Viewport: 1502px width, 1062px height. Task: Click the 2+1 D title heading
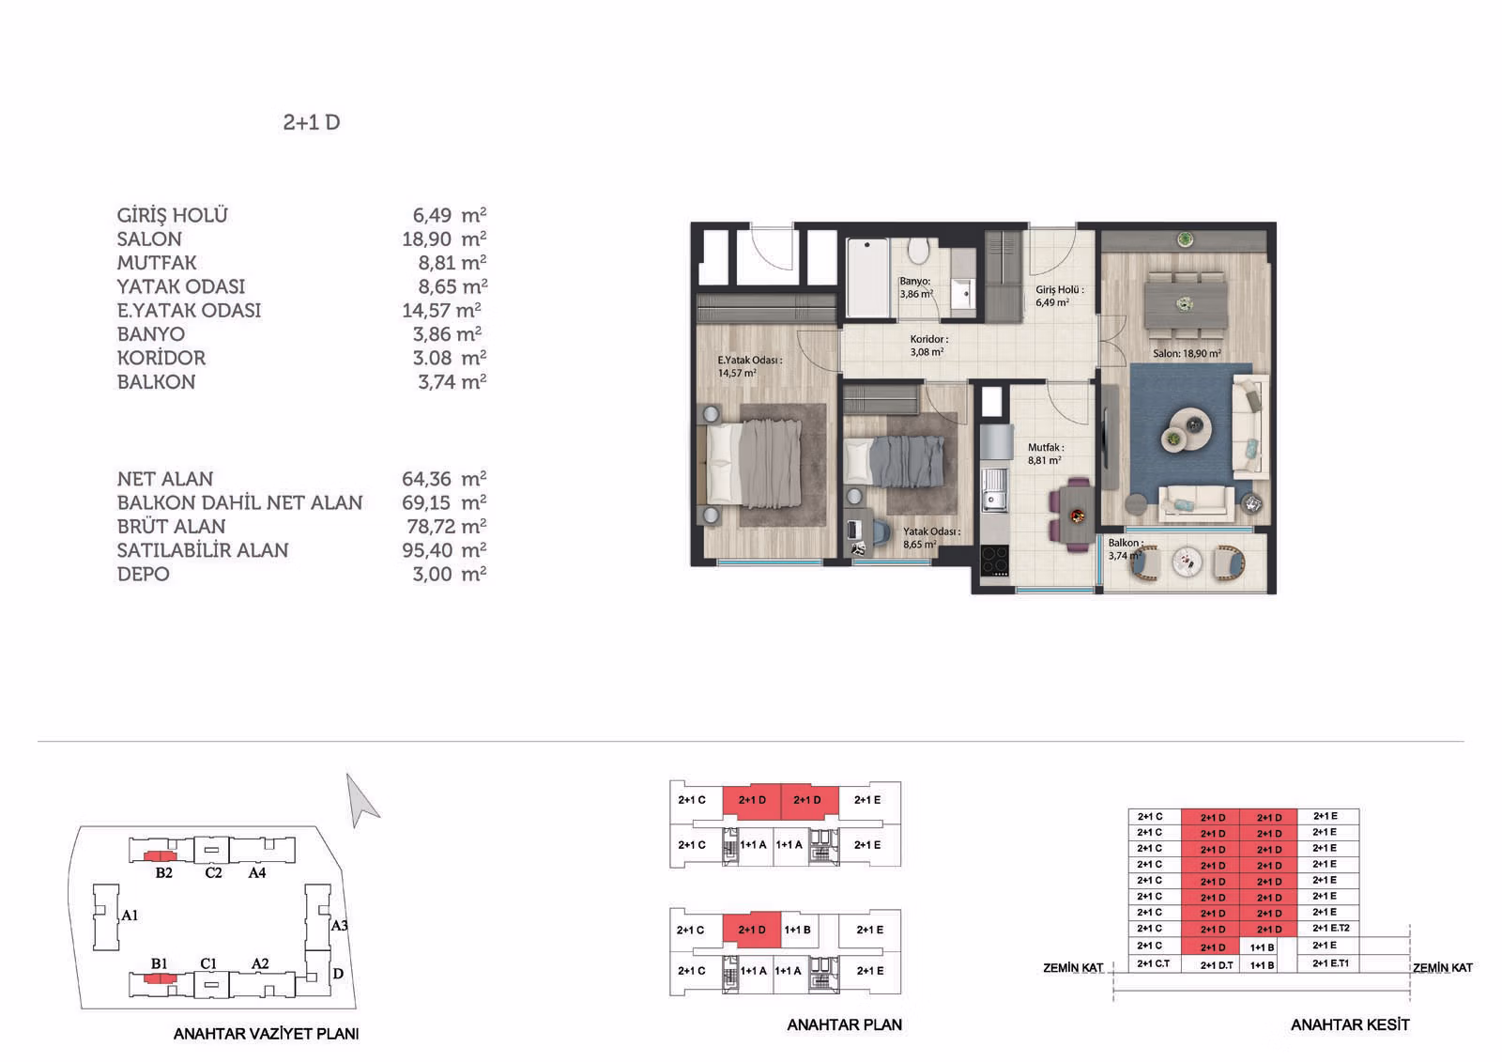pyautogui.click(x=311, y=123)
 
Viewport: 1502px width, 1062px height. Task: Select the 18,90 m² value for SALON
pyautogui.click(x=444, y=239)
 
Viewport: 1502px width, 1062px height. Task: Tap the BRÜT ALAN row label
pyautogui.click(x=171, y=527)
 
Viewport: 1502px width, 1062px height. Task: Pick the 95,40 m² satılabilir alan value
pyautogui.click(x=444, y=550)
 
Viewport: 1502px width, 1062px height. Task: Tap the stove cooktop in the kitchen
pyautogui.click(x=994, y=561)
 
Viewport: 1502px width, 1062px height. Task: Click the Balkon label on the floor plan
pyautogui.click(x=1125, y=543)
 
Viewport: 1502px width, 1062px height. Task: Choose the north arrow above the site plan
pyautogui.click(x=360, y=801)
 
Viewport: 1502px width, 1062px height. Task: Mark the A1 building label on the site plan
pyautogui.click(x=130, y=916)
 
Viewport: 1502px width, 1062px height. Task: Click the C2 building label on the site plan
pyautogui.click(x=213, y=873)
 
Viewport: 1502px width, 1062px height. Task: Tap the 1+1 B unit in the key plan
pyautogui.click(x=797, y=930)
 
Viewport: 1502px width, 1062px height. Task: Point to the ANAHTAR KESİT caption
pyautogui.click(x=1350, y=1025)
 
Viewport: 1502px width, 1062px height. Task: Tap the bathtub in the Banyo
pyautogui.click(x=867, y=276)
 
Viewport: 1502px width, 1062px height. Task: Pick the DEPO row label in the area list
pyautogui.click(x=143, y=575)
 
